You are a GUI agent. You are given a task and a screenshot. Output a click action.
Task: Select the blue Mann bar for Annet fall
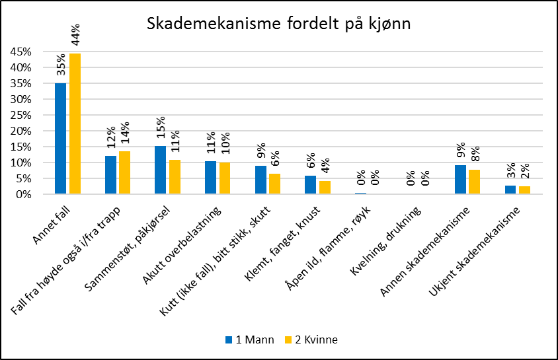(60, 139)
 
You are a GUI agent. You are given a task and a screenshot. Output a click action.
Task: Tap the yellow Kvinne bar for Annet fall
(75, 124)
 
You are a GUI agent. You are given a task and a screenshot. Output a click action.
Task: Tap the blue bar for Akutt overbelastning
(210, 178)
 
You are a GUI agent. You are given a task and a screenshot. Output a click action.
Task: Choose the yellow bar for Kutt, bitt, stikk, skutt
(274, 184)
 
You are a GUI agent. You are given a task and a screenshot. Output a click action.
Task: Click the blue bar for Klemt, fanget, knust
(310, 185)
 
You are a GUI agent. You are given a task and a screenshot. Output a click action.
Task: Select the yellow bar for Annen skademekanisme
(474, 182)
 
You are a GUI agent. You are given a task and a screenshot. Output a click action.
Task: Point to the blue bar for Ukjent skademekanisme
(510, 190)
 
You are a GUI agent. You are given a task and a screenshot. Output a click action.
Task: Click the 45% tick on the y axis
(19, 52)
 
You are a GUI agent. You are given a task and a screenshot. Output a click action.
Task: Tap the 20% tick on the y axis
(19, 131)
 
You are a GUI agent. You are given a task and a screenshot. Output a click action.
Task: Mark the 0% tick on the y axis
(22, 194)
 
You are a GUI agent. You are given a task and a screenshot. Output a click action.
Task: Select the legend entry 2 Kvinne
(311, 340)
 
